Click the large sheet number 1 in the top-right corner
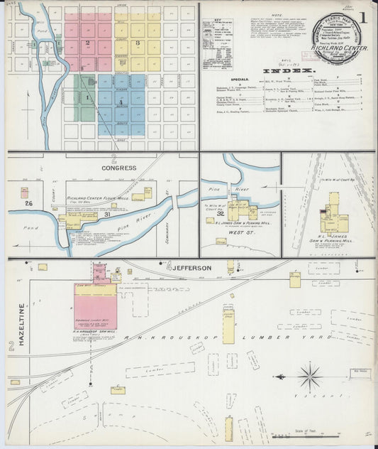(362, 16)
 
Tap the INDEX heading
(291, 71)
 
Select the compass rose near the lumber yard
(309, 375)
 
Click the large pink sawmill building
(96, 301)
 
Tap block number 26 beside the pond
(29, 204)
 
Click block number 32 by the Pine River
(221, 212)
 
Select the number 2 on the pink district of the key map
(87, 43)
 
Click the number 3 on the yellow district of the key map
(138, 43)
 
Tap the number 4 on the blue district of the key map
(121, 102)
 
